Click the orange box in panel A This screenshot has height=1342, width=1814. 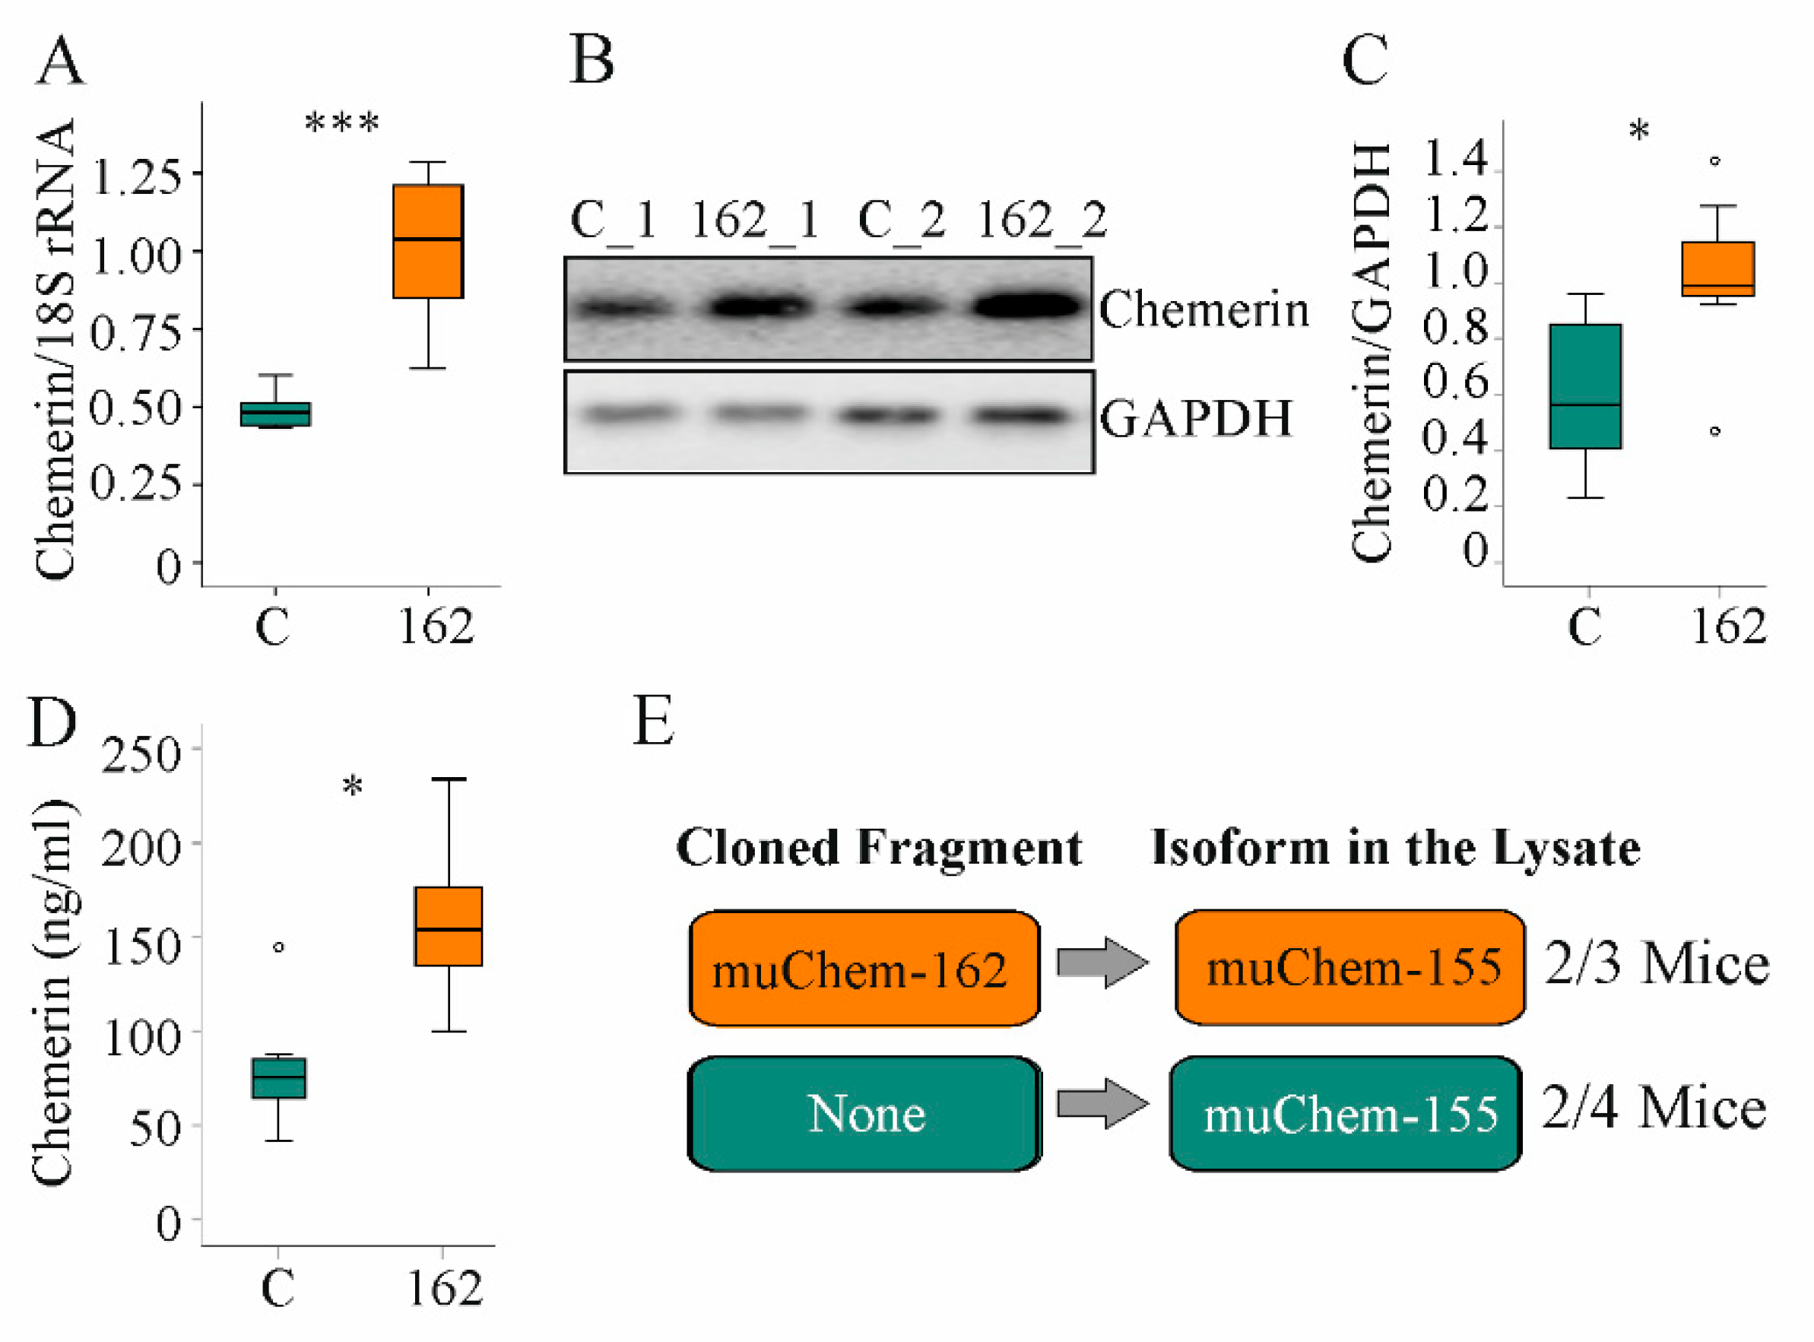(x=427, y=241)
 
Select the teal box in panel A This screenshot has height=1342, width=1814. (x=275, y=414)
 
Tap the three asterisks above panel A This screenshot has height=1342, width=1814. (x=341, y=124)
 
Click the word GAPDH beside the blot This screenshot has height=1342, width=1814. (x=1196, y=419)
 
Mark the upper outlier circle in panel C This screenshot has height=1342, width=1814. (x=1715, y=161)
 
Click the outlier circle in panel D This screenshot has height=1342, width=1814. (x=279, y=947)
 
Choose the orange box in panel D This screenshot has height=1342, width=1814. (x=449, y=926)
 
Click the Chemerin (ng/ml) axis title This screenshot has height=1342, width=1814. (x=52, y=991)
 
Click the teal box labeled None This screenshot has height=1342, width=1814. (x=864, y=1114)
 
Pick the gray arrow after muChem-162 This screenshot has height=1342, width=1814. (x=1102, y=963)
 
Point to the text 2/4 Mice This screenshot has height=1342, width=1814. (x=1654, y=1109)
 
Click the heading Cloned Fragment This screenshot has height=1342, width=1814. (x=879, y=848)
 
